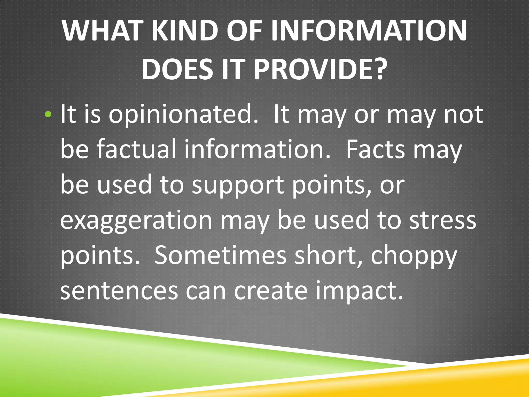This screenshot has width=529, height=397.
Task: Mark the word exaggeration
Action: click(136, 221)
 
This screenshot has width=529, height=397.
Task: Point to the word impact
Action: click(359, 292)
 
